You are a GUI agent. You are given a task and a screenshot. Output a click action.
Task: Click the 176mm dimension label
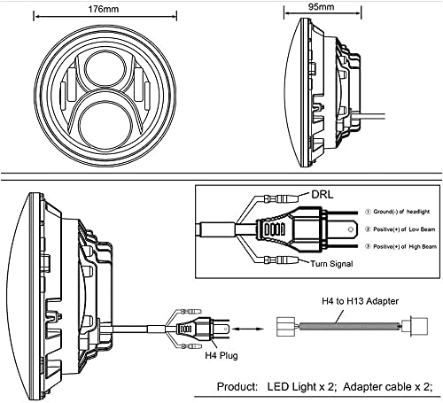[104, 9]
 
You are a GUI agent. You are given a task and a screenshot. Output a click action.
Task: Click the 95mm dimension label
[322, 6]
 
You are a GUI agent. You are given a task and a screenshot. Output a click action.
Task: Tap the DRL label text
[323, 195]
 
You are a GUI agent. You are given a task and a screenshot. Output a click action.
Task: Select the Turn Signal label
[331, 263]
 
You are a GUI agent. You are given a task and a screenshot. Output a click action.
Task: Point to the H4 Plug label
[221, 355]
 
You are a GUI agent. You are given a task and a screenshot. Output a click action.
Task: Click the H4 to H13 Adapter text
[360, 301]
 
